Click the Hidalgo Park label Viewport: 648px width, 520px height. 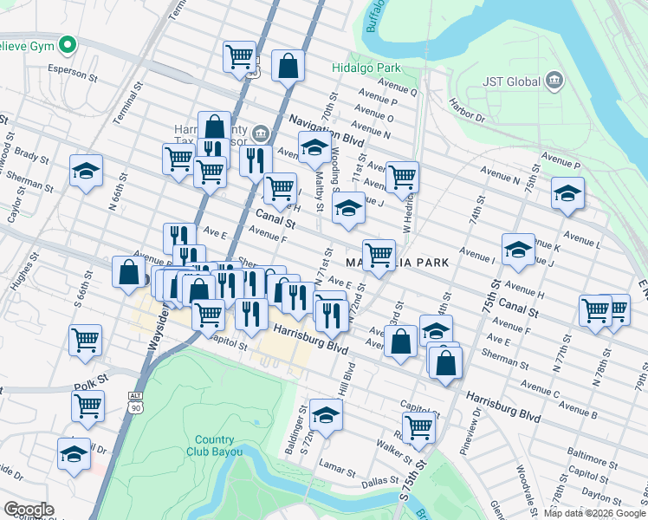click(366, 67)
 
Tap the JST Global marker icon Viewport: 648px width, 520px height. click(554, 82)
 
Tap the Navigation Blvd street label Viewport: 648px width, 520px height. click(325, 129)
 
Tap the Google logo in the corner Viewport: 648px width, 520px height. click(28, 509)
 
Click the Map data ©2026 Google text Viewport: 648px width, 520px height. click(594, 513)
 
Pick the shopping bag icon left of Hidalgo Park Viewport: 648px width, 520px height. click(288, 66)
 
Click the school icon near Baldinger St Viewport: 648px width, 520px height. click(325, 415)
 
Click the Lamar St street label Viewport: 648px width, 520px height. click(334, 470)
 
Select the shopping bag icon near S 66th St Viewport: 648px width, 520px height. click(128, 272)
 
